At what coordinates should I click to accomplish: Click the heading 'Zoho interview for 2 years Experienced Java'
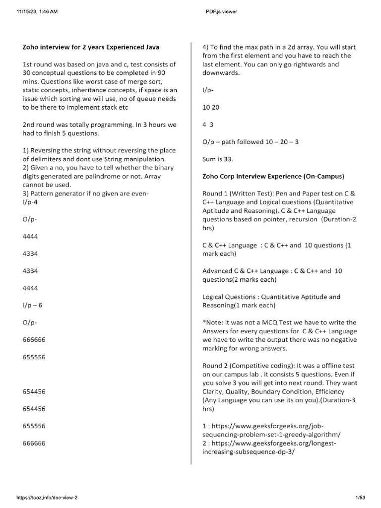[91, 48]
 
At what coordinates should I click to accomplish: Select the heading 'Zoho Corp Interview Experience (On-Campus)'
[273, 176]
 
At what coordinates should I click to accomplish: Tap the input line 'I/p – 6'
[33, 305]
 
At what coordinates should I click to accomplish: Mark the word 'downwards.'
[221, 73]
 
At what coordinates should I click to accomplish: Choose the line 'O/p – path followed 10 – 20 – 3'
[251, 142]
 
